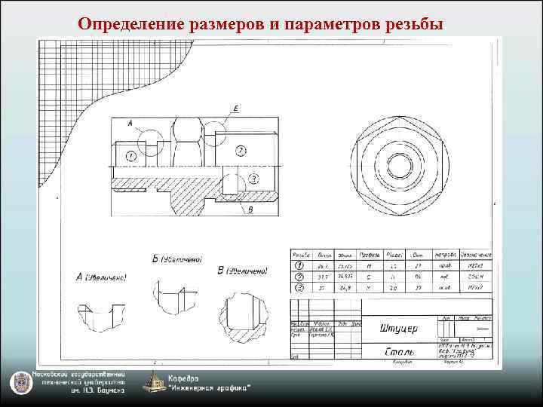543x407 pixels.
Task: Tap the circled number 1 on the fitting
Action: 130,155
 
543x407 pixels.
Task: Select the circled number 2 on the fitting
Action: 239,151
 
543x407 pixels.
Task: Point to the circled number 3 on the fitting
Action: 253,179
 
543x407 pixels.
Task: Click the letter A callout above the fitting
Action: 130,122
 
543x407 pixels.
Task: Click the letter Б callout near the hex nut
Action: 236,110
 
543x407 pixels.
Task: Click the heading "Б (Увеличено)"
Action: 176,260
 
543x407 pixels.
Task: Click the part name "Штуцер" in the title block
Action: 398,329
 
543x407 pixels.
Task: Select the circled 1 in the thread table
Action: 300,266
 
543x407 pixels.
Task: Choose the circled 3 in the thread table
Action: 300,287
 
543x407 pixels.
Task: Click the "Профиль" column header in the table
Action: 370,256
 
